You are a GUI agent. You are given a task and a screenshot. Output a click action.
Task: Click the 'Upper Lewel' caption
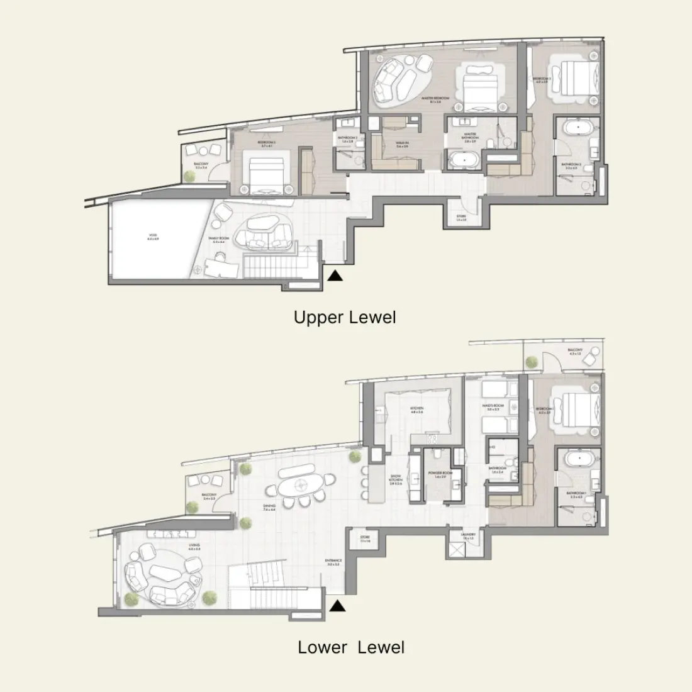pyautogui.click(x=345, y=317)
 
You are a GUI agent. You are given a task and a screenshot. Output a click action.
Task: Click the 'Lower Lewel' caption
pyautogui.click(x=351, y=647)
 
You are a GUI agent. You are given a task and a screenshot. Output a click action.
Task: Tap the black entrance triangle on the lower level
pyautogui.click(x=338, y=606)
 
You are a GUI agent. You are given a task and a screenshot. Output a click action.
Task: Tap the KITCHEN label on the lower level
pyautogui.click(x=418, y=410)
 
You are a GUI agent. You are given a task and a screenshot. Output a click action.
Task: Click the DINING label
pyautogui.click(x=269, y=507)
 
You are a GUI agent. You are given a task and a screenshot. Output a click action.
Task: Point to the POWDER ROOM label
pyautogui.click(x=437, y=476)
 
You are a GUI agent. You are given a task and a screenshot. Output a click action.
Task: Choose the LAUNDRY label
pyautogui.click(x=467, y=536)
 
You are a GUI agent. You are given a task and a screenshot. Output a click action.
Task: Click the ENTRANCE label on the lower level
pyautogui.click(x=333, y=561)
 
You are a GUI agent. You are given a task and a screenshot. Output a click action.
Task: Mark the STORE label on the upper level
pyautogui.click(x=462, y=218)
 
